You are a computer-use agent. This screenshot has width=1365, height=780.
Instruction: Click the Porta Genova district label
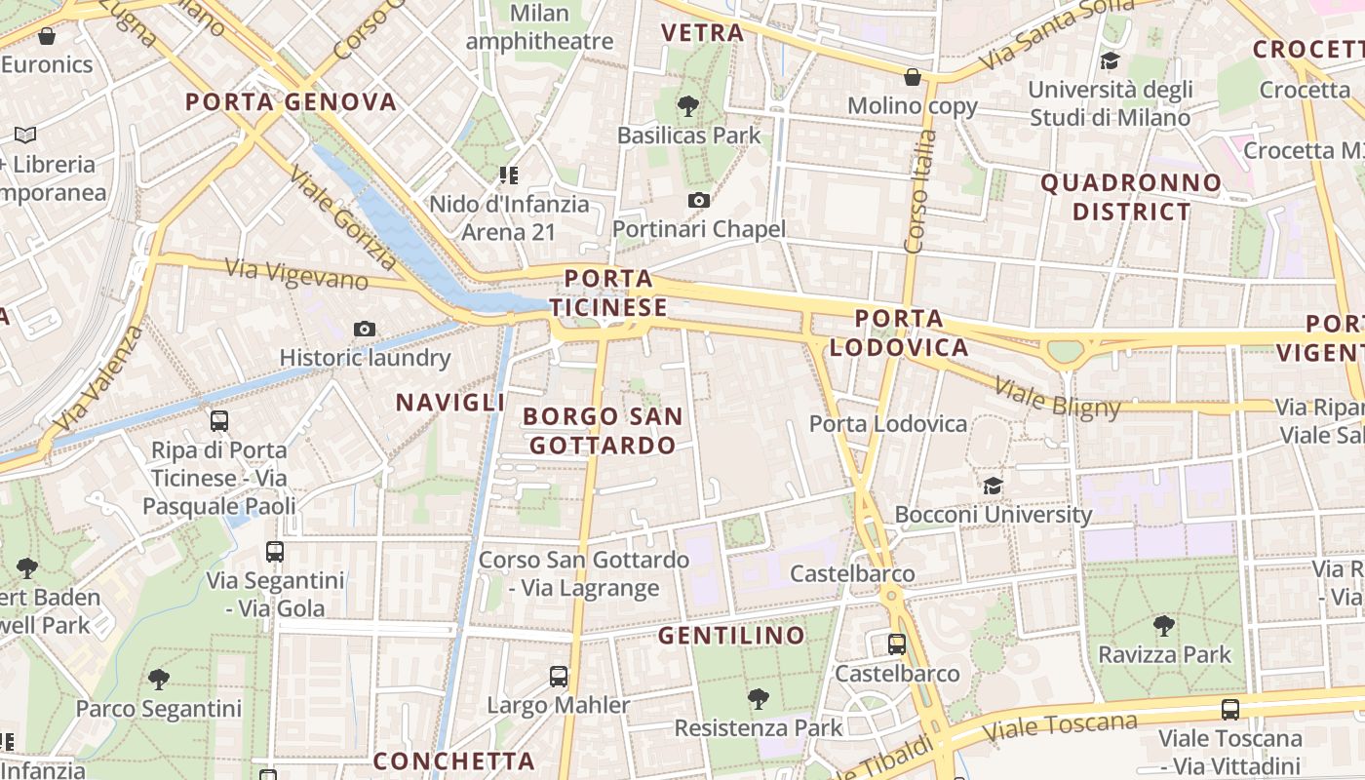(x=292, y=102)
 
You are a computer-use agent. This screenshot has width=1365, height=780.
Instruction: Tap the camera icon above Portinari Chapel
(x=698, y=201)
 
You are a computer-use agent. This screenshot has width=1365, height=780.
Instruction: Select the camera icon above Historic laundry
(x=365, y=330)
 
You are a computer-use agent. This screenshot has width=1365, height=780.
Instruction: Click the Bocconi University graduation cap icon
(x=993, y=486)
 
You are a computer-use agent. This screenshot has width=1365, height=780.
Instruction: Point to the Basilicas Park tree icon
(x=688, y=105)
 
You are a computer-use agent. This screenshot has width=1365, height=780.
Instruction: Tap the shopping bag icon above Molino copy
(x=913, y=76)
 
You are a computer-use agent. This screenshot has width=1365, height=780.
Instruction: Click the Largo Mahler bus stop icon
(x=559, y=676)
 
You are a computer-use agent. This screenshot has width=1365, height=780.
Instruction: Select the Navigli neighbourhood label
(x=450, y=402)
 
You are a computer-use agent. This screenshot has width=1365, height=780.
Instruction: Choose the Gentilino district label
(x=732, y=636)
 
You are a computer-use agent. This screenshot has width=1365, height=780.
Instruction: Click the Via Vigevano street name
(x=297, y=273)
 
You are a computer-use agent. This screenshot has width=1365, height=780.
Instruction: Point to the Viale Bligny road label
(x=1058, y=397)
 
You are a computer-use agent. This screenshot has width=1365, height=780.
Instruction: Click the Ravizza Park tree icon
(x=1164, y=625)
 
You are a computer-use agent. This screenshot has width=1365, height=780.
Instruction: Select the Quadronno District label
(x=1131, y=197)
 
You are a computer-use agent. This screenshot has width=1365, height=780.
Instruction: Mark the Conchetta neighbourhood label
(x=454, y=760)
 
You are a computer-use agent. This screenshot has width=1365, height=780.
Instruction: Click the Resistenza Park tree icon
(x=758, y=699)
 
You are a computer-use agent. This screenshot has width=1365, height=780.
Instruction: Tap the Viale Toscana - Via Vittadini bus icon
(x=1230, y=710)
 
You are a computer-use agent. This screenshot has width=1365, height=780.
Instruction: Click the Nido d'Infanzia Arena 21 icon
(x=508, y=175)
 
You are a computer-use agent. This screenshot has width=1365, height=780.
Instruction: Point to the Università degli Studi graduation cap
(x=1110, y=61)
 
